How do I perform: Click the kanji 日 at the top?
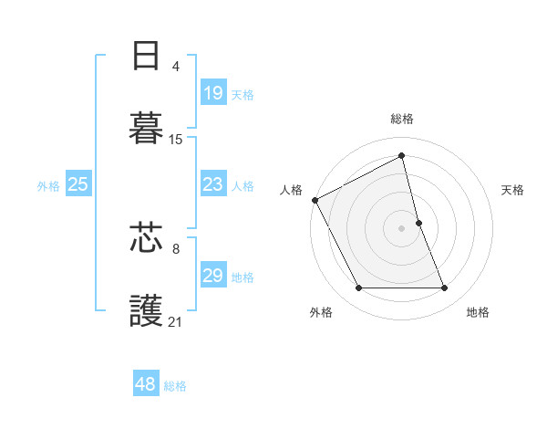[146, 57]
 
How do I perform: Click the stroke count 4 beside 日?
[176, 67]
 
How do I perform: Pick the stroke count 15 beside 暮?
[176, 140]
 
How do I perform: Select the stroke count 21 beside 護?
[176, 321]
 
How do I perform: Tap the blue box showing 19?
[213, 93]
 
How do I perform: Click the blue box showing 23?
[213, 184]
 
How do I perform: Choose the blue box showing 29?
[213, 276]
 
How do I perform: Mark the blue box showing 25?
[78, 184]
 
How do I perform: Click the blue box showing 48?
[146, 384]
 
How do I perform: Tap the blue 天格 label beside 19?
[243, 94]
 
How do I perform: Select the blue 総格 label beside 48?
[175, 385]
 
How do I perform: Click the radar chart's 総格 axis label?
[402, 119]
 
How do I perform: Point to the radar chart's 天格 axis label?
[513, 190]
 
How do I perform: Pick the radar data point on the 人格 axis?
[315, 200]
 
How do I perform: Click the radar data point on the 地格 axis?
[445, 288]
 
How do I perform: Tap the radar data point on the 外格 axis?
[358, 288]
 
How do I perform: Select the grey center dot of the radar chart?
[402, 228]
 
